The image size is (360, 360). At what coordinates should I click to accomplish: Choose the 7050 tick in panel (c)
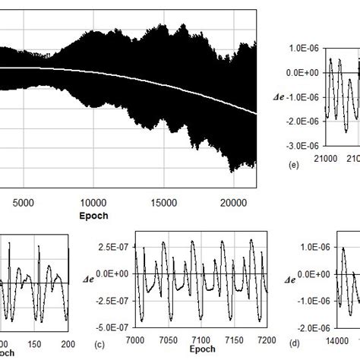click(168, 339)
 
